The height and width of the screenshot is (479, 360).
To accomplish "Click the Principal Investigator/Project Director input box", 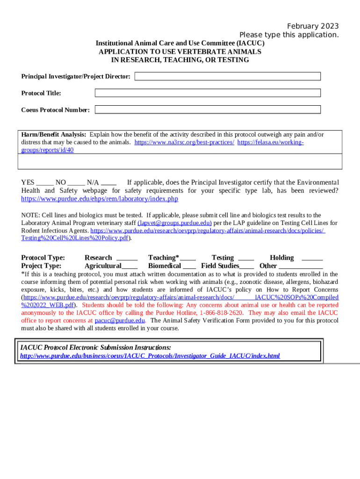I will coord(228,76).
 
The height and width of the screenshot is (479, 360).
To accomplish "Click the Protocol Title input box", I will coord(208,93).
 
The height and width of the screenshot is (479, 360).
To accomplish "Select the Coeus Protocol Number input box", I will coord(208,109).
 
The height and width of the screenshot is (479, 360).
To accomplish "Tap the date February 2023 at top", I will coord(313,26).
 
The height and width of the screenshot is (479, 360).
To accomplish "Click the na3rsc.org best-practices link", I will coord(184,142).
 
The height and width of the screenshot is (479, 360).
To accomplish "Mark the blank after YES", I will coord(44,183).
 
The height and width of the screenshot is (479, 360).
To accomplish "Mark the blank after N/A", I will coord(108,183).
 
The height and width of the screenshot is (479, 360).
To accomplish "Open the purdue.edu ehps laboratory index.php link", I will coord(100,199).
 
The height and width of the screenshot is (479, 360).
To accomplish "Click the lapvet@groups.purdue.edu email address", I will coord(174,223).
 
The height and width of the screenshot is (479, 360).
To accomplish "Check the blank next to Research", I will coord(127,258).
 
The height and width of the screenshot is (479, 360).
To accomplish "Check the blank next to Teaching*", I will coord(188,258).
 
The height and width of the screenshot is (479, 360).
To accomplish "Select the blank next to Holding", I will coord(312,258).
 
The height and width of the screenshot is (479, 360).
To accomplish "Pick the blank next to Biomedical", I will coord(189,266).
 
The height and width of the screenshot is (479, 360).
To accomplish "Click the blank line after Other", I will coord(301,266).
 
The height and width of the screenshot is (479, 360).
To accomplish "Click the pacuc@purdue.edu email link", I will coord(120,320).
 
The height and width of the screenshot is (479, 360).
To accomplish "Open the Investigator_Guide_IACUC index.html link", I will coord(150,356).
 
